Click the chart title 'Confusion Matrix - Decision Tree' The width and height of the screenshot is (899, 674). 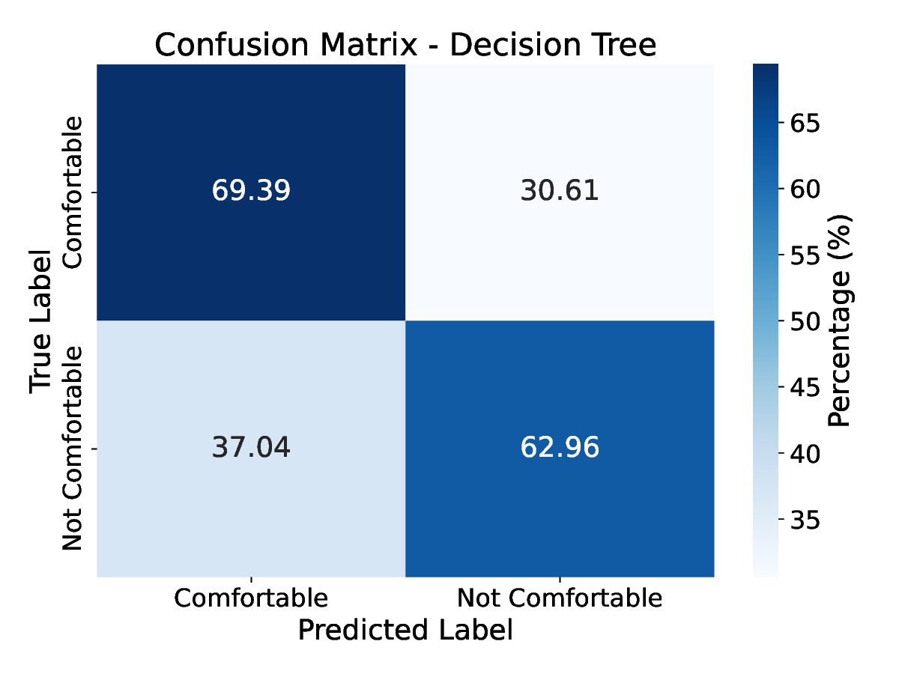pos(405,46)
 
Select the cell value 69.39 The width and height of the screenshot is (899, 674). pos(251,191)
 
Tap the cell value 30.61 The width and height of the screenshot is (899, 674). pos(560,191)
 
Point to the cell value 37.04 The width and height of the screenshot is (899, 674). pos(251,448)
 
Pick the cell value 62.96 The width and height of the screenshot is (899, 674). pos(560,448)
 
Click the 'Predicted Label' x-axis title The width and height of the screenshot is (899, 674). pos(405,630)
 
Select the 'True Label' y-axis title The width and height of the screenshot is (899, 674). pos(41,321)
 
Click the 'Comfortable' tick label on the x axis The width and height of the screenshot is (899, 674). pos(251,598)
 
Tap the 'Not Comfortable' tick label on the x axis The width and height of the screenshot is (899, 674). pos(560,598)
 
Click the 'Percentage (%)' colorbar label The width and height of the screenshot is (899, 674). pos(840,321)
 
